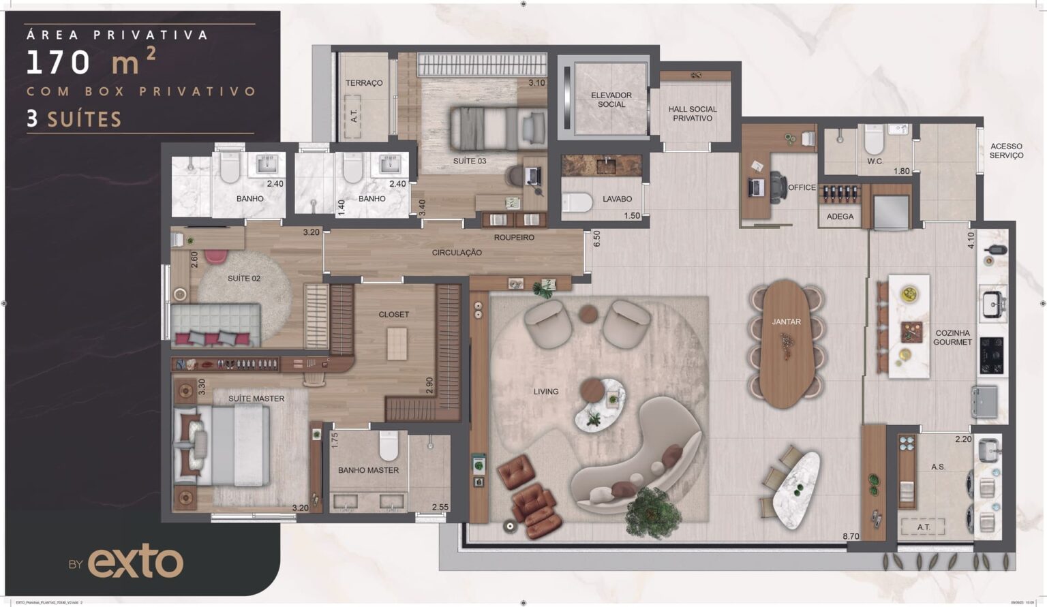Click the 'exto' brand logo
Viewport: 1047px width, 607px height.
click(135, 563)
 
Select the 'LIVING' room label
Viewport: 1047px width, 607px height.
click(545, 392)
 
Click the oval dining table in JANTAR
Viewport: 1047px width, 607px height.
click(786, 344)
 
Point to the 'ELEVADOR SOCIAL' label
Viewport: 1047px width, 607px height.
click(611, 99)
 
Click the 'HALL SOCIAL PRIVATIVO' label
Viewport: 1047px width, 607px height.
click(693, 114)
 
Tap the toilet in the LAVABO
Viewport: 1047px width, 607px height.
click(578, 202)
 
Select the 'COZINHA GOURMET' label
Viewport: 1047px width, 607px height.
click(952, 338)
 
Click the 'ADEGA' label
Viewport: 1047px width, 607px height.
click(840, 217)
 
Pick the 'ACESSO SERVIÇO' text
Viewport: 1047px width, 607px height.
click(1006, 151)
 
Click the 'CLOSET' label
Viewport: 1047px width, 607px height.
click(394, 315)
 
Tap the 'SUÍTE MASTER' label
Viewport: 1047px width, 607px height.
click(256, 399)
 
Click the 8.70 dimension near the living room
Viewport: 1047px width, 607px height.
click(851, 537)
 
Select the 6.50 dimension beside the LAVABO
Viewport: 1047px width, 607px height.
click(597, 238)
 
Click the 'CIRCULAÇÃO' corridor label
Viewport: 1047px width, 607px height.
click(457, 253)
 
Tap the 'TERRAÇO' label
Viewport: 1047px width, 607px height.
click(364, 83)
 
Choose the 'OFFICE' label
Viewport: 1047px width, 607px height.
click(802, 187)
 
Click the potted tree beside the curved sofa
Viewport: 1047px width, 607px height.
click(653, 510)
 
